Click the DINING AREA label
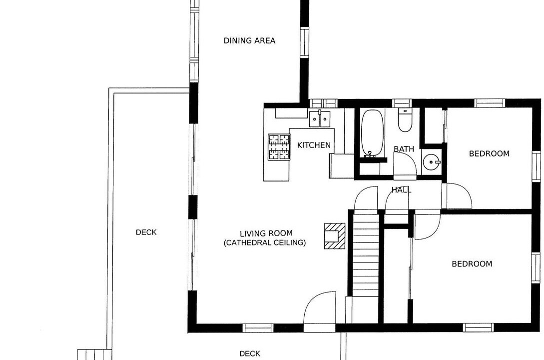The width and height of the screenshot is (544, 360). click(x=249, y=40)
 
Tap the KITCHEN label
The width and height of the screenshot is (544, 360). click(x=314, y=145)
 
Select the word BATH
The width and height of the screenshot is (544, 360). click(x=404, y=149)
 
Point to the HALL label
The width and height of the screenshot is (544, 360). click(x=402, y=190)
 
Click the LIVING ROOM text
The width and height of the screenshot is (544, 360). click(x=266, y=233)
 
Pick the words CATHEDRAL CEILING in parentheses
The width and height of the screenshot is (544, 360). click(x=265, y=242)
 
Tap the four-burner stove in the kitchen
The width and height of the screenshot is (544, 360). click(x=279, y=147)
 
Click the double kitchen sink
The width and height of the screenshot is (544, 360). click(x=320, y=118)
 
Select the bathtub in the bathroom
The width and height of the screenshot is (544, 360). click(x=372, y=133)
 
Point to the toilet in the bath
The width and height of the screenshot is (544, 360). click(x=405, y=120)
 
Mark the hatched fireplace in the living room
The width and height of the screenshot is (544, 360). click(x=335, y=236)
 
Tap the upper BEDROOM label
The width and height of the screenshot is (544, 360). click(x=489, y=153)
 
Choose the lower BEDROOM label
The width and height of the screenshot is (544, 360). click(x=472, y=264)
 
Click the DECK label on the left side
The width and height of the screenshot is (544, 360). click(x=146, y=232)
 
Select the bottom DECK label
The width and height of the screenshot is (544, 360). click(x=250, y=354)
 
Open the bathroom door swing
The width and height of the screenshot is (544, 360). click(x=405, y=166)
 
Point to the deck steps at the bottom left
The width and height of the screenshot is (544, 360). click(x=94, y=354)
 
